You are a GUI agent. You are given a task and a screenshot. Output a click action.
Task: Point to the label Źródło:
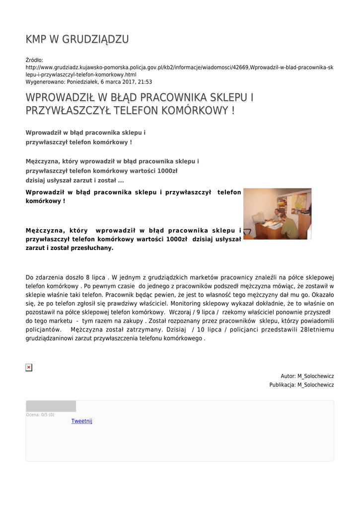point(35,60)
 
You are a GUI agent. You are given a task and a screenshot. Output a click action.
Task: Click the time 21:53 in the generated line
point(144,82)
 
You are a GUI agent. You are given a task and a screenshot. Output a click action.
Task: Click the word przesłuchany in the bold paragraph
point(94,248)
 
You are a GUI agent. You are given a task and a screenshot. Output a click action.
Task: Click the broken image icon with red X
point(29,367)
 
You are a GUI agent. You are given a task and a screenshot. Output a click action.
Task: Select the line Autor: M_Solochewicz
point(307,377)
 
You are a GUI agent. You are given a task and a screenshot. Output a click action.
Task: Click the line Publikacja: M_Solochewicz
point(301,385)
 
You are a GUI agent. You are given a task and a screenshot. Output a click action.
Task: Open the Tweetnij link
point(82,421)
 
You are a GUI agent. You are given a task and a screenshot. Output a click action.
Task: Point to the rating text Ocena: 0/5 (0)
point(40,415)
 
